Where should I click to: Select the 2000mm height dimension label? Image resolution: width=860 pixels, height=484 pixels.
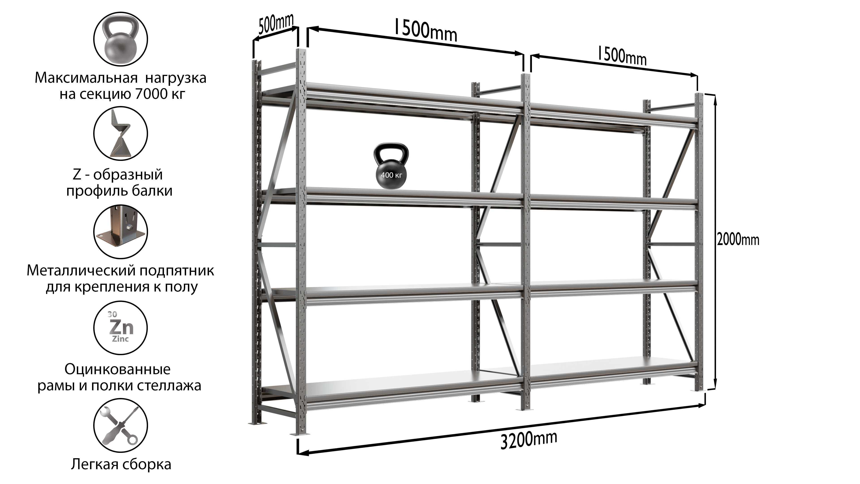point(738,240)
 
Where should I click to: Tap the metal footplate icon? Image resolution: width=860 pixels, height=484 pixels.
point(120,231)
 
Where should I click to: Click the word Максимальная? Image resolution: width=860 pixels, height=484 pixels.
point(86,78)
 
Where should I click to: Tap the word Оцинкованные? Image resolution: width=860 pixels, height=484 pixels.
point(118,369)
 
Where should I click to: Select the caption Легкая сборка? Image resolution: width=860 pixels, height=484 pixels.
point(121,464)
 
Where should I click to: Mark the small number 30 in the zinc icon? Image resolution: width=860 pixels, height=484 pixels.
point(112,314)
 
